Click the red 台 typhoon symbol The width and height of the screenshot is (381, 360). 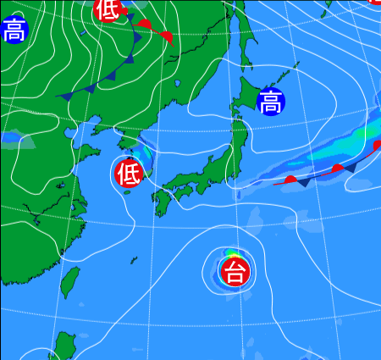[x=235, y=272]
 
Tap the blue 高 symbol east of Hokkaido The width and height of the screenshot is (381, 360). [x=271, y=102]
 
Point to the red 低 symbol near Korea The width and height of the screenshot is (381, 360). [x=129, y=173]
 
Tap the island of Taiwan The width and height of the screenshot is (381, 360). [x=70, y=282]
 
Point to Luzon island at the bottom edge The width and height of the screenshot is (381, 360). [x=64, y=347]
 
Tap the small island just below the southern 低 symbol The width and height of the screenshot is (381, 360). [x=127, y=191]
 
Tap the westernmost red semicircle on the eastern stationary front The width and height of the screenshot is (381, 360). [x=290, y=179]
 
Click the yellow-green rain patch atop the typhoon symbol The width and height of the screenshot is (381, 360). [x=235, y=255]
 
